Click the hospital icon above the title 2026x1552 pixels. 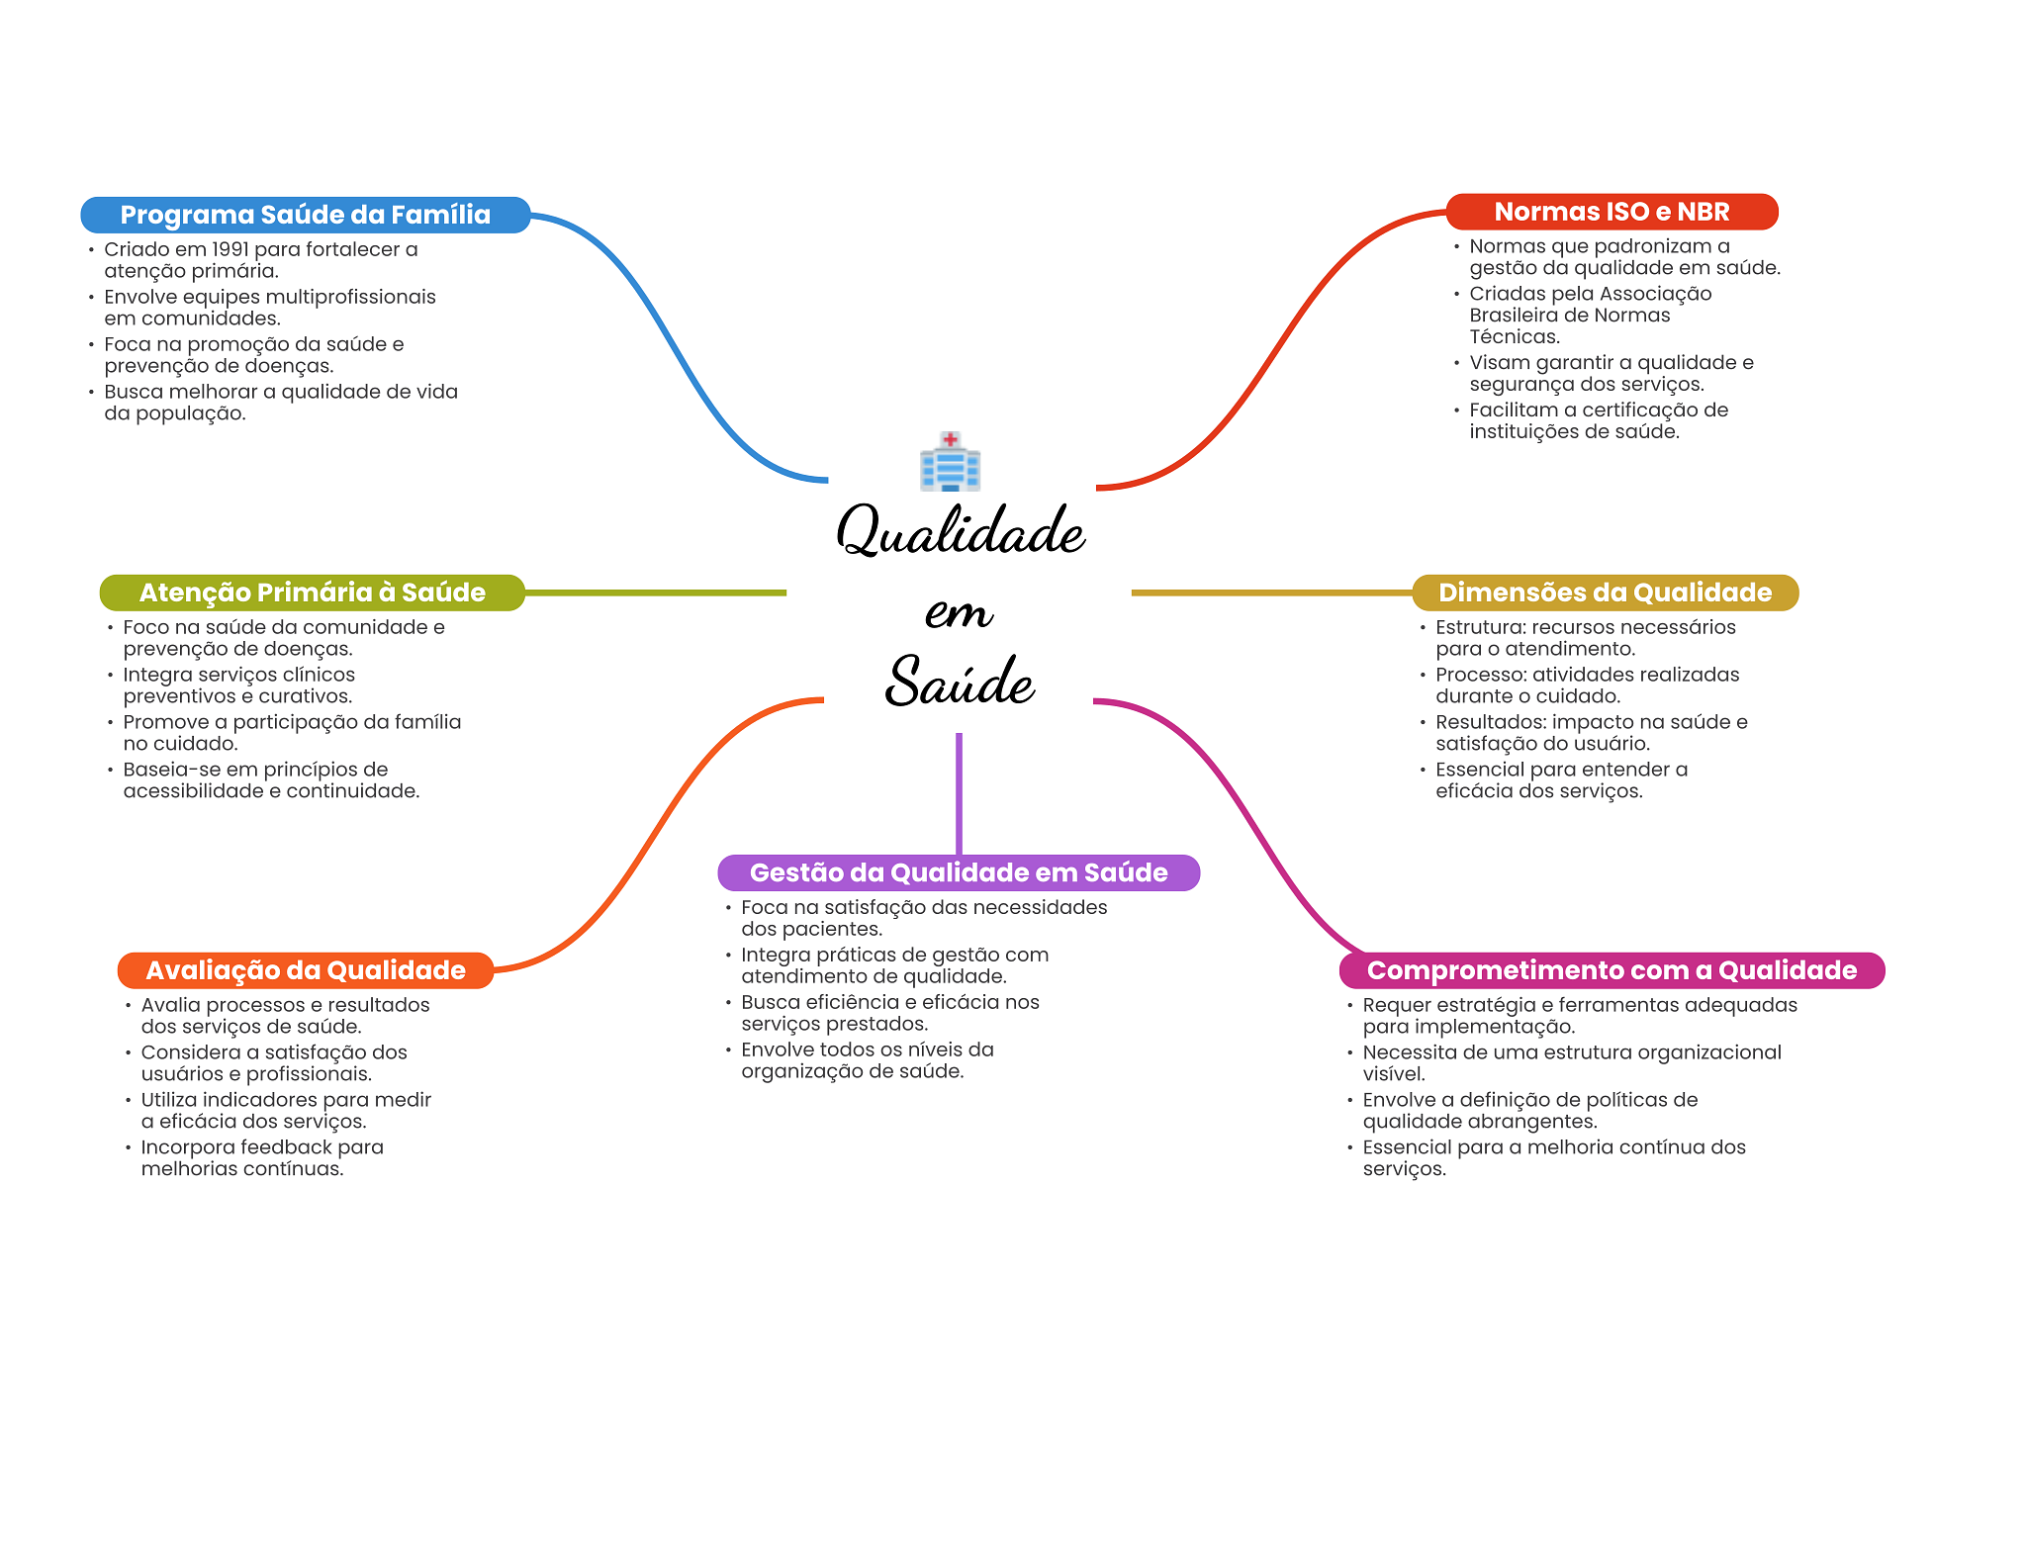tap(950, 461)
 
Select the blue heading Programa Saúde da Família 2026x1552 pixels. tap(306, 215)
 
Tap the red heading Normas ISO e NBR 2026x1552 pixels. tap(1612, 212)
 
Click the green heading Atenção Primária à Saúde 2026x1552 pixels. tap(313, 593)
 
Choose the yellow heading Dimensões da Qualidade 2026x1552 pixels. tap(1605, 593)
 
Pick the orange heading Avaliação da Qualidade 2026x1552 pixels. tap(306, 970)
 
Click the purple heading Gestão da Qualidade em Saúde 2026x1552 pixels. tap(959, 872)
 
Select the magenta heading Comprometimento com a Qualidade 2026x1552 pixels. tap(1612, 970)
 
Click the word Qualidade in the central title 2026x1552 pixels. tap(961, 530)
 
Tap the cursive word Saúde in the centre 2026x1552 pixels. tap(960, 681)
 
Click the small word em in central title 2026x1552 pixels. tap(959, 612)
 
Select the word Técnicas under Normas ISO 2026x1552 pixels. tap(1515, 336)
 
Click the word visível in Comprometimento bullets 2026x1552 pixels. tap(1394, 1074)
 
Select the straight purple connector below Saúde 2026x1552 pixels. tap(959, 793)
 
